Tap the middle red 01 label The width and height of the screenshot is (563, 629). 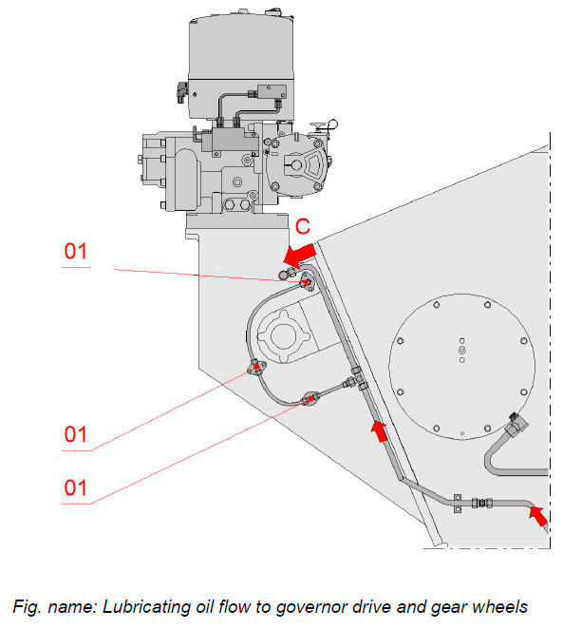tap(77, 434)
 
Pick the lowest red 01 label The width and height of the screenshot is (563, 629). tap(77, 487)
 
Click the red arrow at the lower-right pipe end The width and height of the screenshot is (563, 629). tap(537, 515)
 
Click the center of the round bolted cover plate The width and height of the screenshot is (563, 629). tap(461, 355)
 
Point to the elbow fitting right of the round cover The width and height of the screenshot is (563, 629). tap(518, 426)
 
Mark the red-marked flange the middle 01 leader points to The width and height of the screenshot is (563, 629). tap(256, 368)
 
